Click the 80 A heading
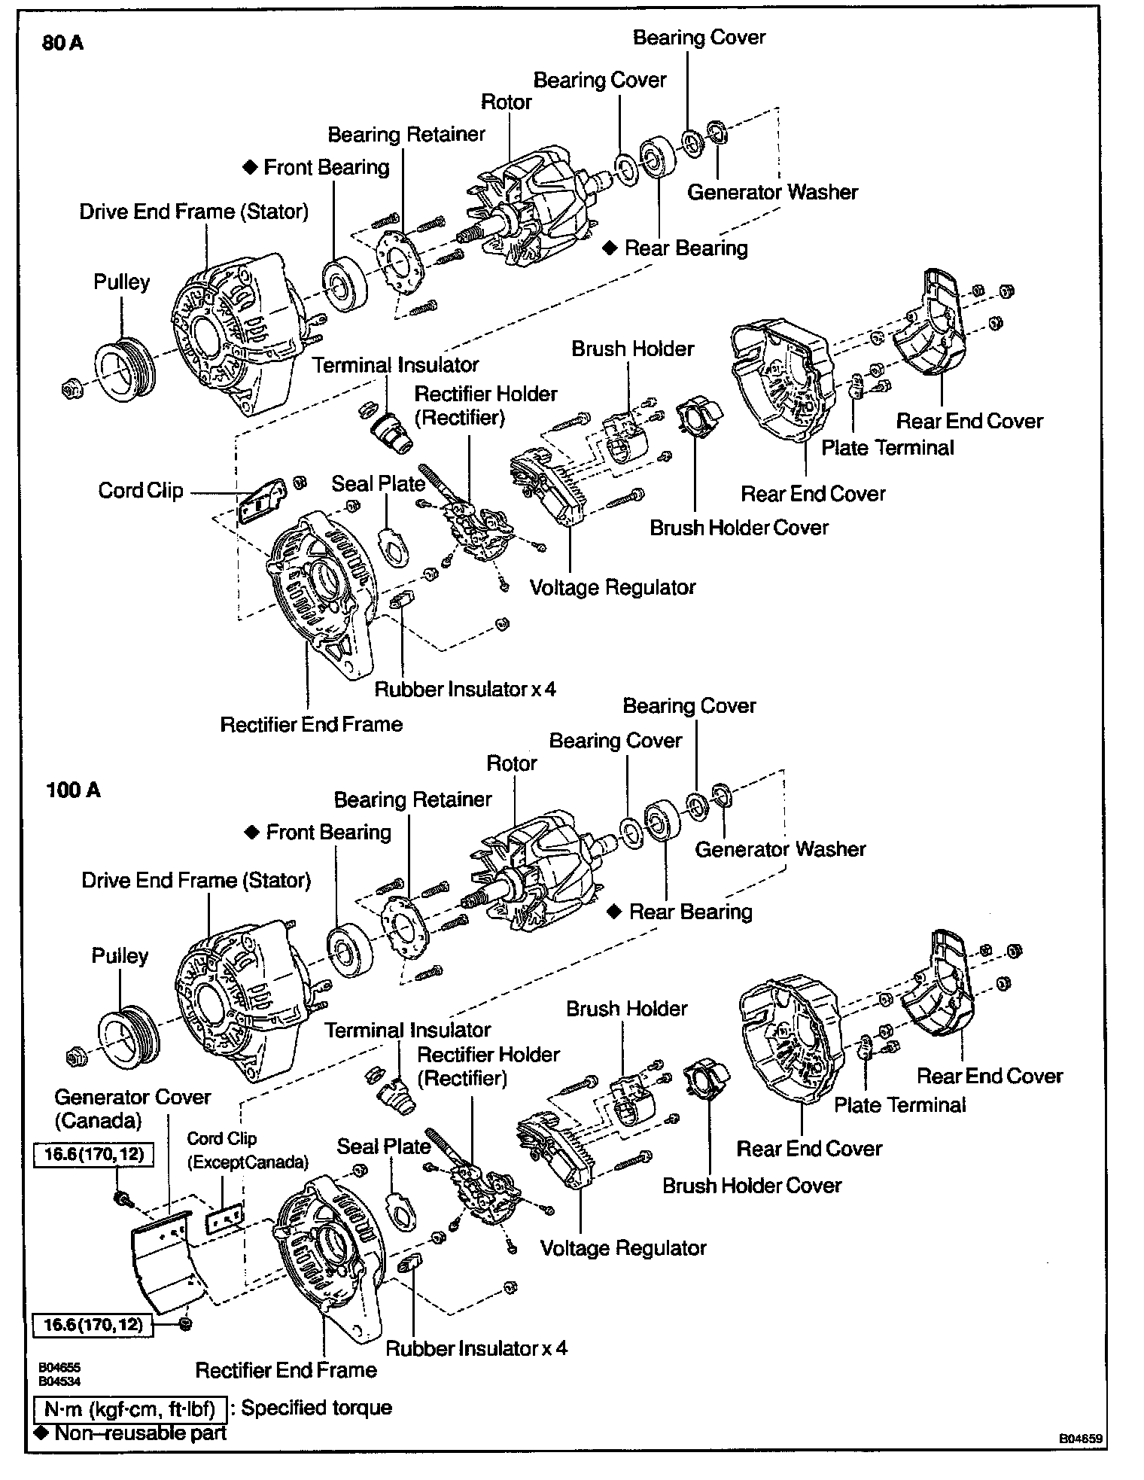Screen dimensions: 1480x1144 point(63,43)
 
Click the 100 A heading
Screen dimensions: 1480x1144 point(73,790)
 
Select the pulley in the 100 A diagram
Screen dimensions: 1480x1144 point(126,1032)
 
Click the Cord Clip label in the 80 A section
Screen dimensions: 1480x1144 point(141,491)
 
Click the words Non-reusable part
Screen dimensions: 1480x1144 point(139,1433)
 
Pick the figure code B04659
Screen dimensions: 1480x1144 point(1081,1439)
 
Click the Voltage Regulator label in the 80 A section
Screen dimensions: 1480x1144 point(613,587)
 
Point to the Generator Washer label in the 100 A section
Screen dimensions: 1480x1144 point(780,849)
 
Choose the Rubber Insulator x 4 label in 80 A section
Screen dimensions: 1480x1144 point(465,689)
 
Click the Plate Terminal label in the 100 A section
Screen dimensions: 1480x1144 point(899,1105)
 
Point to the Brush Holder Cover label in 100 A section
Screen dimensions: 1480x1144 point(751,1186)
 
